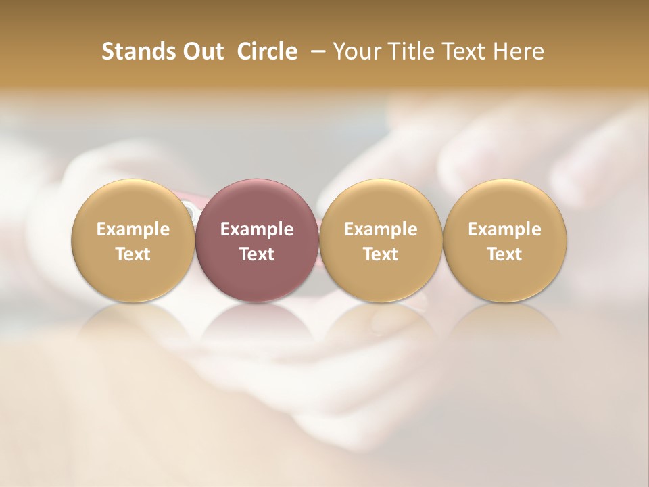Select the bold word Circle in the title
[x=267, y=51]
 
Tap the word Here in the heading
[x=519, y=51]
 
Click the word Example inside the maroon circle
[x=257, y=229]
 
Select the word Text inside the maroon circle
[x=257, y=254]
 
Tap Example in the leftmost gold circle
[x=133, y=229]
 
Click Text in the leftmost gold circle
[x=133, y=254]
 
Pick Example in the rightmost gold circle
[x=505, y=229]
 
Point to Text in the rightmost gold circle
[x=505, y=254]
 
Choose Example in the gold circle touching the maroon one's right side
[x=381, y=229]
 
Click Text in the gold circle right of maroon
[x=381, y=254]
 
